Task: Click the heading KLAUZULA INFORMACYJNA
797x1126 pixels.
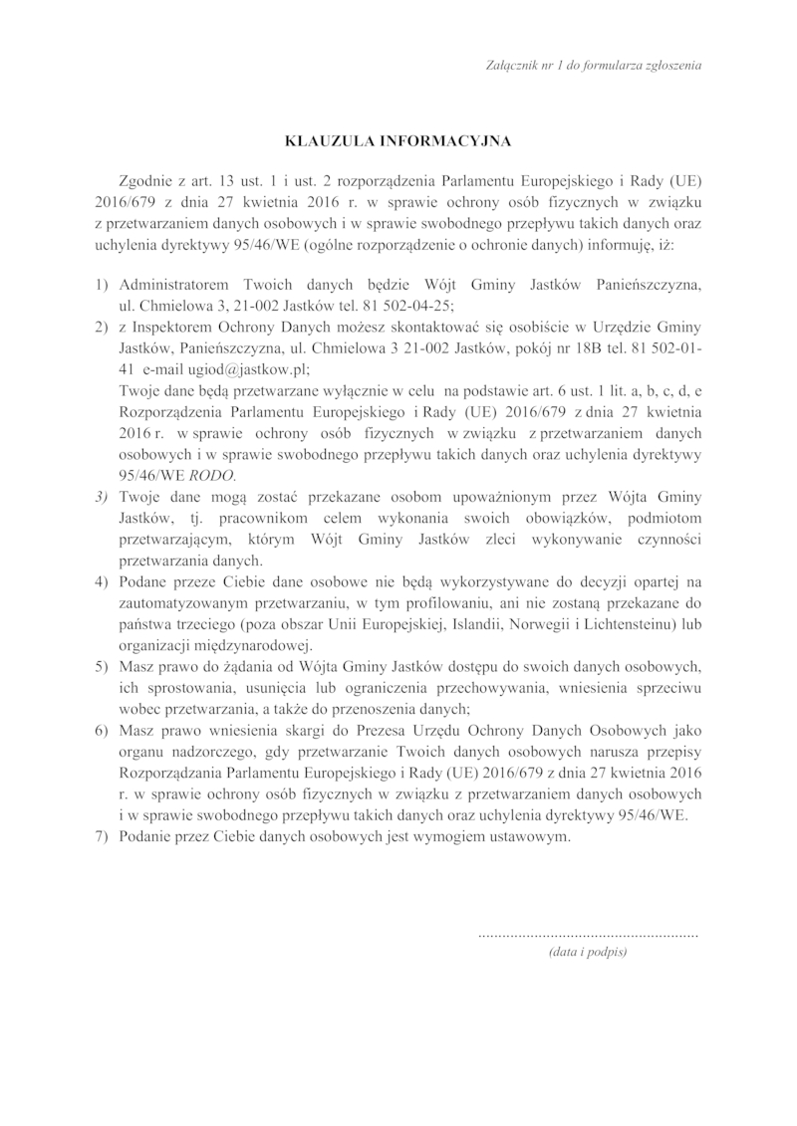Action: [398, 141]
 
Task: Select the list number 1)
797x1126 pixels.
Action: [101, 286]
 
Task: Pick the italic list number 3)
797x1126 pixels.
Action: [101, 496]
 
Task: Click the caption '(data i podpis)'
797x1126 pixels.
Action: [588, 952]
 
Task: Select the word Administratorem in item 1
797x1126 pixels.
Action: [172, 286]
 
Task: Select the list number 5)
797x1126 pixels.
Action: [101, 664]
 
